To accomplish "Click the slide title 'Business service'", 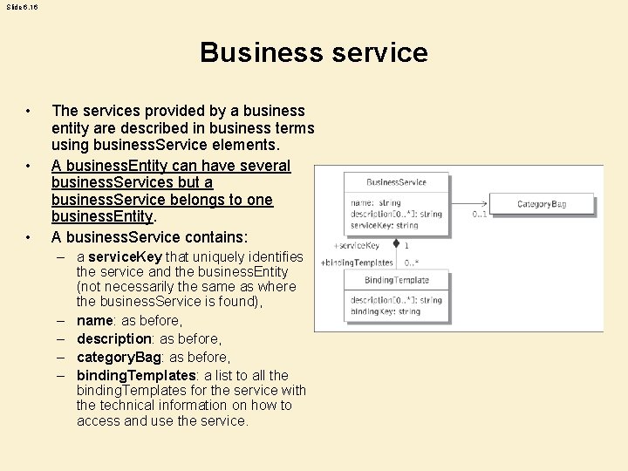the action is [314, 52].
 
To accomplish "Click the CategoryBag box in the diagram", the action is [541, 203].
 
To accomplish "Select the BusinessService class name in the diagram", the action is [396, 181].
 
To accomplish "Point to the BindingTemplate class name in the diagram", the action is [397, 280].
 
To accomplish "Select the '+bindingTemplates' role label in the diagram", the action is [358, 263].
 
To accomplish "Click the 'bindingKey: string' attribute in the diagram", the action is [385, 311].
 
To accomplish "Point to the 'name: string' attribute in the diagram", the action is [376, 202].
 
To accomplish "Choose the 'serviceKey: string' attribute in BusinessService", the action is [385, 224].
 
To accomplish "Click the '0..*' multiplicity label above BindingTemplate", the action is [411, 263].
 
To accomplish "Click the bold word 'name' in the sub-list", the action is [95, 320].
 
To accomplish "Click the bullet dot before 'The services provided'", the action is [30, 111].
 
